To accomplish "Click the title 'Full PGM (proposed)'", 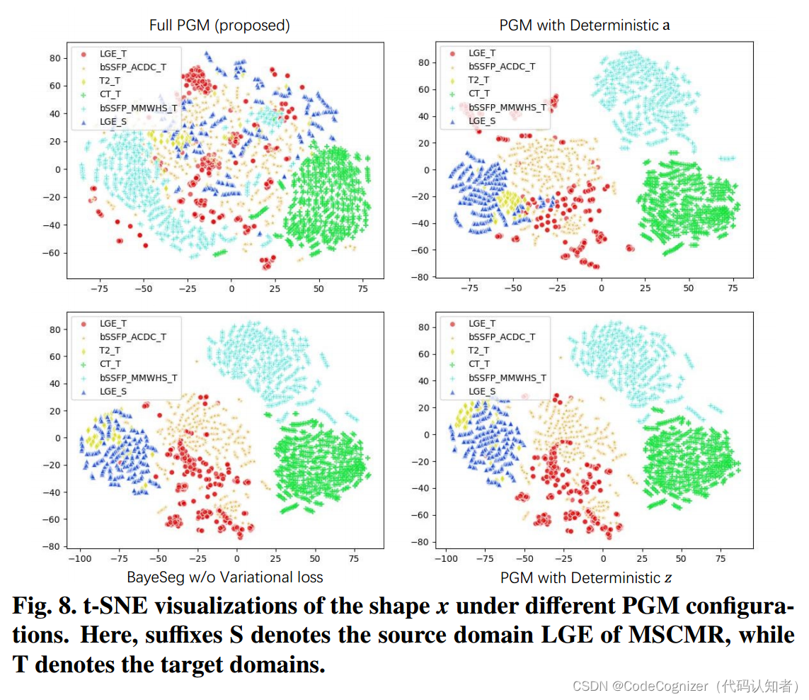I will pyautogui.click(x=219, y=26).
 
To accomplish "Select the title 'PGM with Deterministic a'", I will pyautogui.click(x=585, y=26).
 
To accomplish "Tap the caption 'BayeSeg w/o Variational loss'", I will pyautogui.click(x=224, y=577).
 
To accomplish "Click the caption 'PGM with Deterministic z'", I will pyautogui.click(x=586, y=577).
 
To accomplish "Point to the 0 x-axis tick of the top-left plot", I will pyautogui.click(x=231, y=289).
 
